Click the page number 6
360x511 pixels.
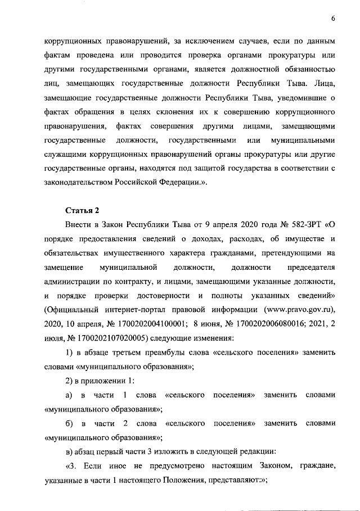pos(333,19)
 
